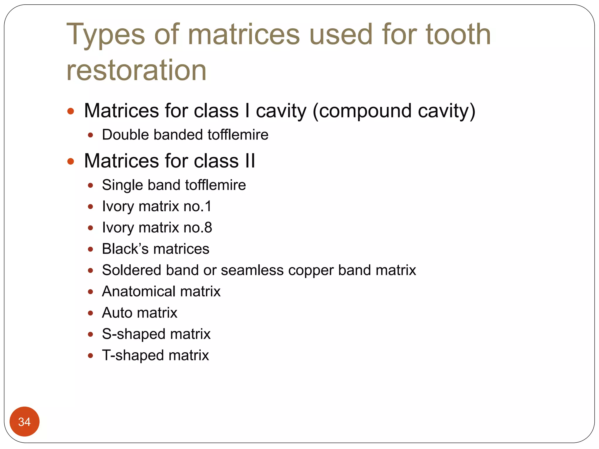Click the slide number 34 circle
click(x=24, y=422)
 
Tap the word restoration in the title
click(x=136, y=70)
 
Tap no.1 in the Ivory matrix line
click(x=197, y=206)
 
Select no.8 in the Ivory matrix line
click(x=198, y=228)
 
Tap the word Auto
click(x=119, y=313)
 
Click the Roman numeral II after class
click(x=250, y=161)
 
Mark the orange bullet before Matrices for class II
click(x=70, y=161)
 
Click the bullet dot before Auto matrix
click(x=90, y=313)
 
